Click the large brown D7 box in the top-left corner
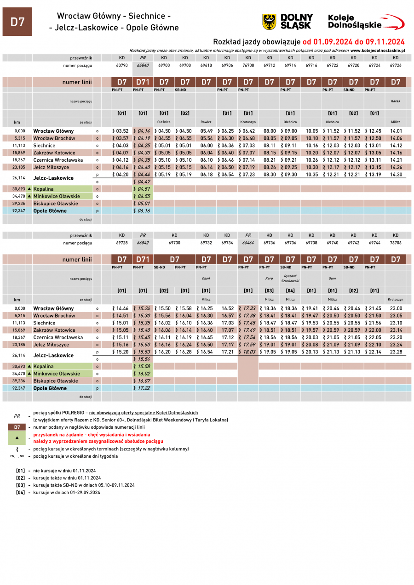tap(17, 22)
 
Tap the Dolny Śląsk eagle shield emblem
tap(269, 22)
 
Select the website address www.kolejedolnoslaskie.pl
tap(377, 50)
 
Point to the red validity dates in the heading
tap(353, 41)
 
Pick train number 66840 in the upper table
tap(143, 65)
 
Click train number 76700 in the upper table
tap(248, 65)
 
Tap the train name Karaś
tap(396, 101)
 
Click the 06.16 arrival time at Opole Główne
tap(143, 211)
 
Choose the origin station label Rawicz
tap(206, 122)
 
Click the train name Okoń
tap(206, 278)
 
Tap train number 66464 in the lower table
tap(248, 242)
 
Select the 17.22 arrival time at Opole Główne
tap(143, 388)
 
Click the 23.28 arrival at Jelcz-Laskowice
tap(396, 352)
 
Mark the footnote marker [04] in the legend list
tap(20, 492)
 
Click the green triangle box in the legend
tap(17, 437)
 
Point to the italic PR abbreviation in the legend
tap(17, 416)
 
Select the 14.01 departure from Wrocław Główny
tap(396, 131)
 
